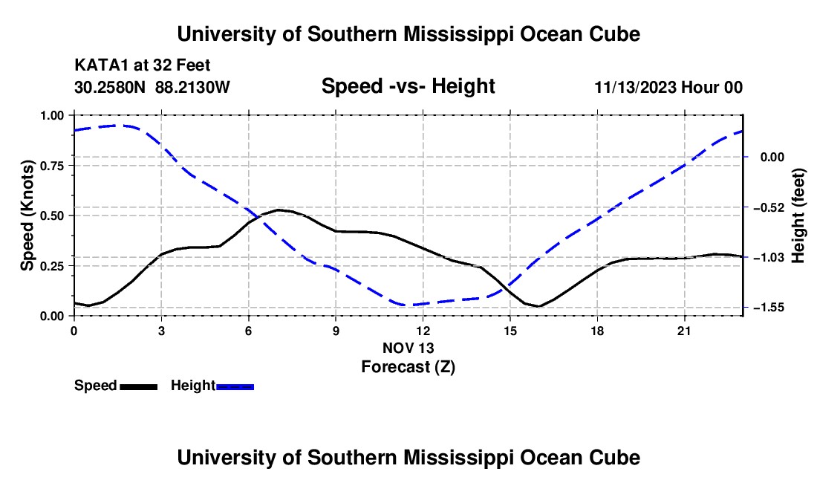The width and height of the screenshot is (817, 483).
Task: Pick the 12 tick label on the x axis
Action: pos(423,331)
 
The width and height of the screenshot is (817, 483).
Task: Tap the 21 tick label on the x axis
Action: pos(684,331)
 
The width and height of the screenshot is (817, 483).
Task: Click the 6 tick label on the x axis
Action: pos(249,331)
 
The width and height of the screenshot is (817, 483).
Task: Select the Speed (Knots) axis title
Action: pos(27,215)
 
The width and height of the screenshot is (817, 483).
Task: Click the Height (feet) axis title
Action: pos(798,215)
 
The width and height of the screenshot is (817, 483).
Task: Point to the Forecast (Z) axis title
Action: pos(408,367)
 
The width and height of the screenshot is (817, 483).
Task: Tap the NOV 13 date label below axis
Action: pos(408,348)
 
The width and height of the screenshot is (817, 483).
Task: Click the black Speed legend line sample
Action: pos(139,387)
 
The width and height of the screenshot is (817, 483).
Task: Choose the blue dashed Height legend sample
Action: pos(235,387)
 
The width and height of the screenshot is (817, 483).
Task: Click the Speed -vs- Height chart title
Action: pos(408,86)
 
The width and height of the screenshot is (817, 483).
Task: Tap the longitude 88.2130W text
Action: pos(192,87)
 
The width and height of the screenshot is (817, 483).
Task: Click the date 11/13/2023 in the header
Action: pos(635,87)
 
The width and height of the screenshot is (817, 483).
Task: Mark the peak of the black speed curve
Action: pos(279,210)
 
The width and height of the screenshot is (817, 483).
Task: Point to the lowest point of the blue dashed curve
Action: pos(406,305)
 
